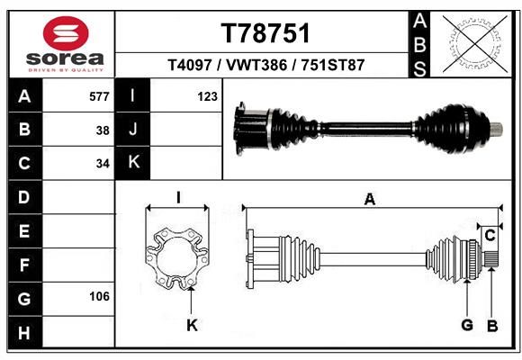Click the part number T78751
(x=265, y=33)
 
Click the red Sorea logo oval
(x=66, y=33)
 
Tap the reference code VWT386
(x=256, y=65)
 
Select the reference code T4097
(x=190, y=65)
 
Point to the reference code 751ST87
(x=333, y=65)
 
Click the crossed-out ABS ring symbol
(x=475, y=43)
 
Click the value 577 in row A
(x=99, y=96)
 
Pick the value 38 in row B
(x=103, y=130)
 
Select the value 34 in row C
(x=103, y=164)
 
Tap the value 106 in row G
(x=99, y=296)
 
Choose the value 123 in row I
(x=207, y=96)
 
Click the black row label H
(x=25, y=333)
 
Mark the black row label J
(x=132, y=130)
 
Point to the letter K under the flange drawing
(x=192, y=325)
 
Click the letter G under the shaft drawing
(x=467, y=325)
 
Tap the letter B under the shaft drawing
(x=492, y=326)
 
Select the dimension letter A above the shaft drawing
(x=370, y=200)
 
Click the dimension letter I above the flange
(x=178, y=197)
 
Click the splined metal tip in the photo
(x=497, y=130)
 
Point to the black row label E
(x=25, y=230)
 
